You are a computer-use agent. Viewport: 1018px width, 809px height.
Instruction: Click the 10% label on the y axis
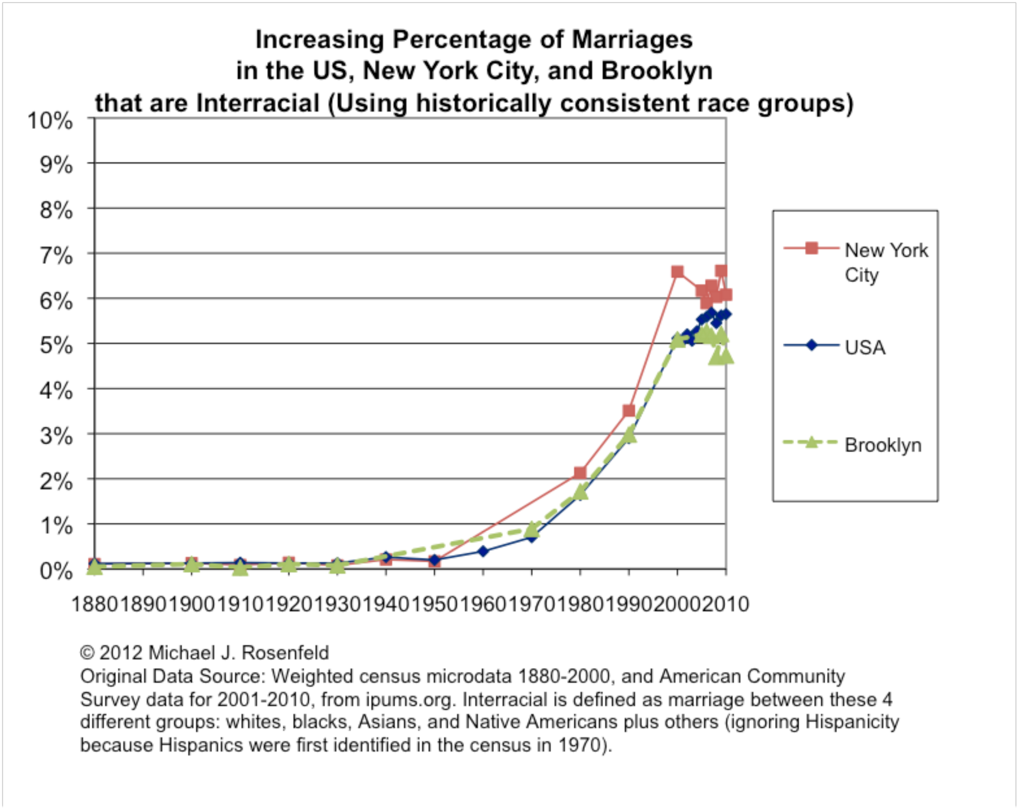[50, 121]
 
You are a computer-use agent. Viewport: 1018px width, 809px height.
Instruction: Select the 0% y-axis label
[56, 572]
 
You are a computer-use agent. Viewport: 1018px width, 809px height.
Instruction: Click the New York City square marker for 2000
[677, 271]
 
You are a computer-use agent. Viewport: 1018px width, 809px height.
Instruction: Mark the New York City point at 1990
[628, 411]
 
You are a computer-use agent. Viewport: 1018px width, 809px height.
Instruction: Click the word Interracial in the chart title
[257, 103]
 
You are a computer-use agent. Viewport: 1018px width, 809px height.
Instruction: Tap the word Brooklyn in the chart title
[656, 71]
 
